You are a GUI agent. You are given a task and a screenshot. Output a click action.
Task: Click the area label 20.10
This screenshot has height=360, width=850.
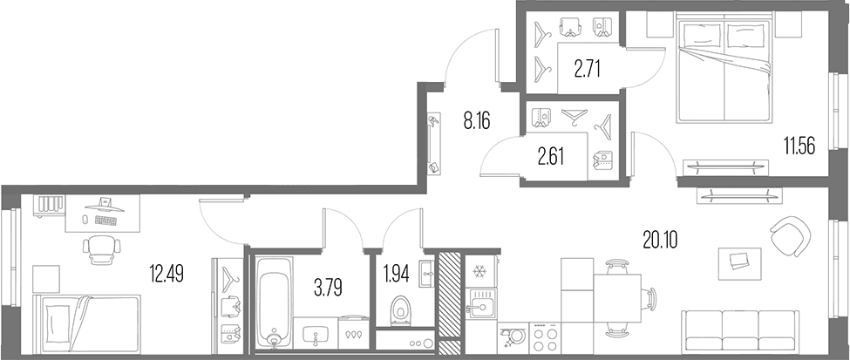[x=661, y=239]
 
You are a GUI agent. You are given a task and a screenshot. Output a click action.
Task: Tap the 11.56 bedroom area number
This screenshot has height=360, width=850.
[x=799, y=146]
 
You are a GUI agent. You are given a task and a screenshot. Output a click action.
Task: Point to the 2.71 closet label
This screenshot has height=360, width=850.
[x=587, y=70]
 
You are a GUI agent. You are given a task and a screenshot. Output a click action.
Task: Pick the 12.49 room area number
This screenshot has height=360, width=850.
[x=167, y=275]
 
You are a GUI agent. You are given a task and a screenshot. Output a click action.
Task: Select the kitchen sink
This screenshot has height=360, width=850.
[x=481, y=303]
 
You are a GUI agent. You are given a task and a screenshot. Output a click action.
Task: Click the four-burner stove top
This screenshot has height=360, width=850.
[x=544, y=337]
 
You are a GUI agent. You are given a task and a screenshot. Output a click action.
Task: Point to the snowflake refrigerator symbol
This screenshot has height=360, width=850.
[x=479, y=272]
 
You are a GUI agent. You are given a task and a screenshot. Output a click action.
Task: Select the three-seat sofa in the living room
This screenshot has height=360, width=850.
[x=741, y=331]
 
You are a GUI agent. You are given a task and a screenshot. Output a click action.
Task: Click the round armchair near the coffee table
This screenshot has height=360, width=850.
[x=791, y=235]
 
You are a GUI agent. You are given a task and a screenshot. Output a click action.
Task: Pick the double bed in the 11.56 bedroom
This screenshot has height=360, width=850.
[x=724, y=71]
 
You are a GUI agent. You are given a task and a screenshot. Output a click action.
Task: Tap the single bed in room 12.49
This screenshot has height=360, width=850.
[x=86, y=323]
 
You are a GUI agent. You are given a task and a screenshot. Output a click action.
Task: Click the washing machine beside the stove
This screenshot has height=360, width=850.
[x=513, y=336]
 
